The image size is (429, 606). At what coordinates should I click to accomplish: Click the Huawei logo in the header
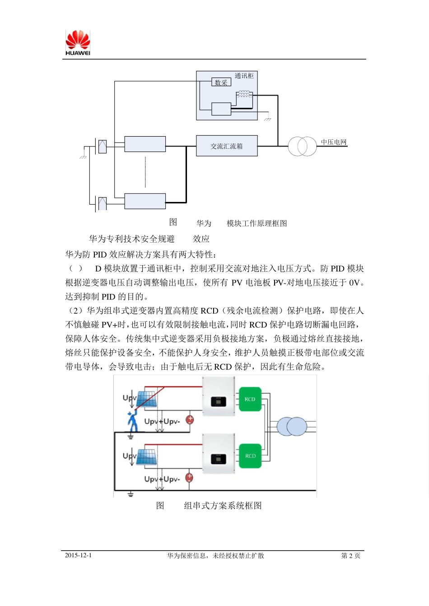tap(78, 43)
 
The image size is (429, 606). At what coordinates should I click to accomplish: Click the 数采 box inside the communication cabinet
tap(221, 83)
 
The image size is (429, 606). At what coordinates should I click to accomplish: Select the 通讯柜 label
tap(244, 76)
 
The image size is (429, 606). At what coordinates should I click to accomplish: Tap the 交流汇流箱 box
tap(227, 146)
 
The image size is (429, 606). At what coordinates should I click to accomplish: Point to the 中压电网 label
tap(334, 142)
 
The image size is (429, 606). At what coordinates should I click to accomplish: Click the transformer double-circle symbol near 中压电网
tap(303, 147)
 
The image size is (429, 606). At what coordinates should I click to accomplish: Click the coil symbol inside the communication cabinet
tap(244, 94)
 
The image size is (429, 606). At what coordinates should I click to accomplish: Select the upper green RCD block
tap(250, 399)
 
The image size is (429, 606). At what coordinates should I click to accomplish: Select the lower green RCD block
tap(250, 456)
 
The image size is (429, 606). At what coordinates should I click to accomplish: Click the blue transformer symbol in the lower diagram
tap(292, 426)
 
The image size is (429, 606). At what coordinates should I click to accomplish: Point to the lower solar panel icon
tap(146, 456)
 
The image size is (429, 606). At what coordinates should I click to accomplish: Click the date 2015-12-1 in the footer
tap(78, 555)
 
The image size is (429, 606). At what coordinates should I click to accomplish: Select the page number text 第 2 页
tap(351, 555)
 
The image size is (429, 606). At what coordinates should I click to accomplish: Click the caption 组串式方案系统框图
tap(223, 506)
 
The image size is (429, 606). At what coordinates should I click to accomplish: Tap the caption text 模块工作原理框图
tap(256, 223)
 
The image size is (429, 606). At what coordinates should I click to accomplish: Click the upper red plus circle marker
tap(190, 420)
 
